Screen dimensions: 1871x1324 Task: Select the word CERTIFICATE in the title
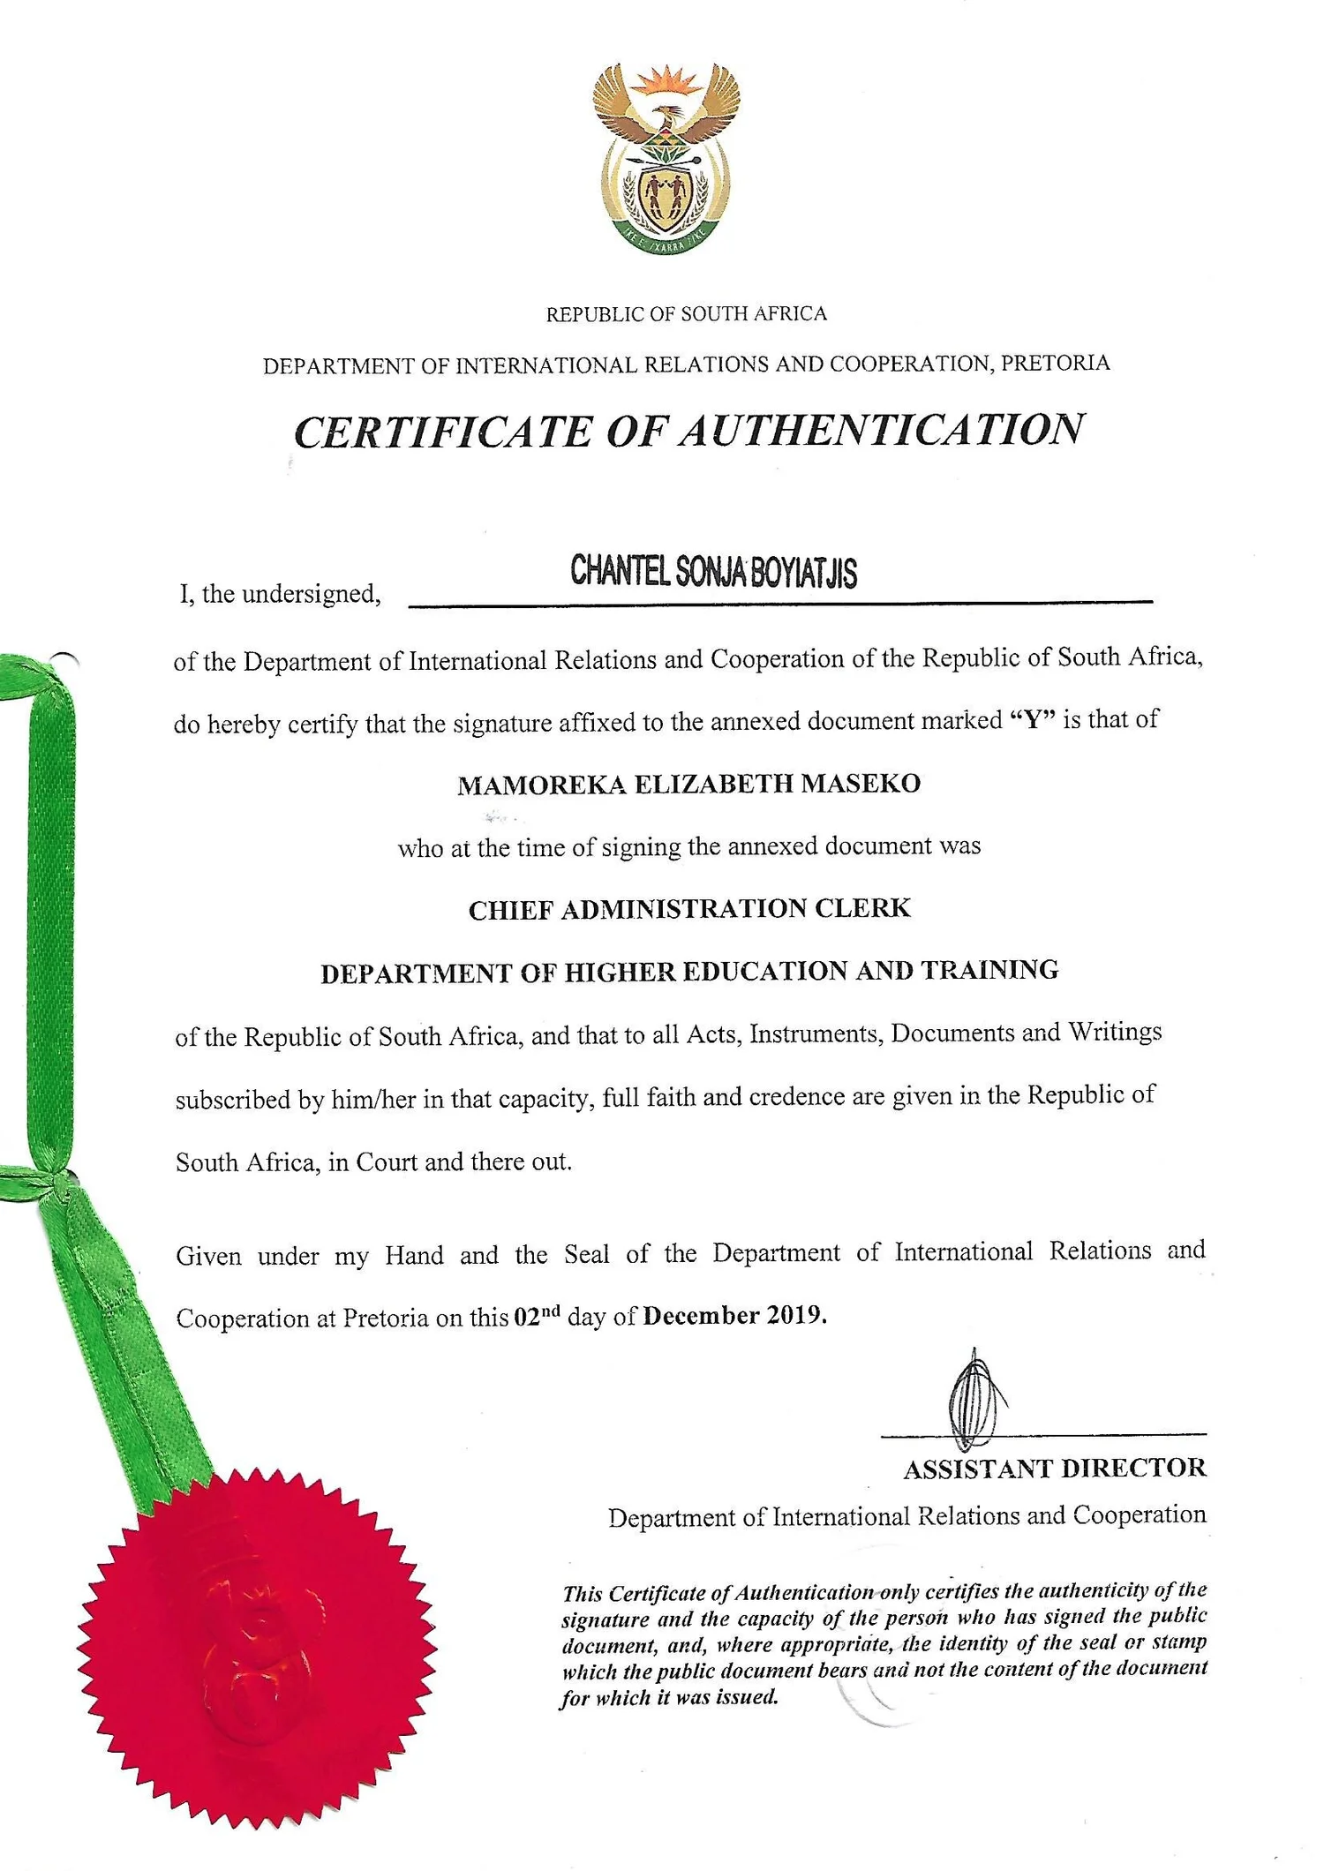(x=441, y=432)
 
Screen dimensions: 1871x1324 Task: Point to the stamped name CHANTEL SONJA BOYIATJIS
(x=713, y=571)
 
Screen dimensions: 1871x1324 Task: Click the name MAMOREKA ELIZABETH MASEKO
(x=688, y=784)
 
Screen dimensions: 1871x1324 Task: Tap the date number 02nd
(x=537, y=1316)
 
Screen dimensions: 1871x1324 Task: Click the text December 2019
(x=734, y=1316)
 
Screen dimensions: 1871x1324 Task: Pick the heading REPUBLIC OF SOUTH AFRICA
(x=686, y=314)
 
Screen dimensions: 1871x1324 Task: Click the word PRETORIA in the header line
(x=1056, y=363)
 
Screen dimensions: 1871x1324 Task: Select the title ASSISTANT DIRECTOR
(x=1054, y=1469)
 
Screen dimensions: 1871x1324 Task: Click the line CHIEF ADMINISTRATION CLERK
(x=688, y=909)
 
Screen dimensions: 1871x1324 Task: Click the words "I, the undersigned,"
(x=280, y=594)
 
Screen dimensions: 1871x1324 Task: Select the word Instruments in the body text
(x=816, y=1033)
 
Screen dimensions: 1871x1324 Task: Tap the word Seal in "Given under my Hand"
(x=586, y=1254)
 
